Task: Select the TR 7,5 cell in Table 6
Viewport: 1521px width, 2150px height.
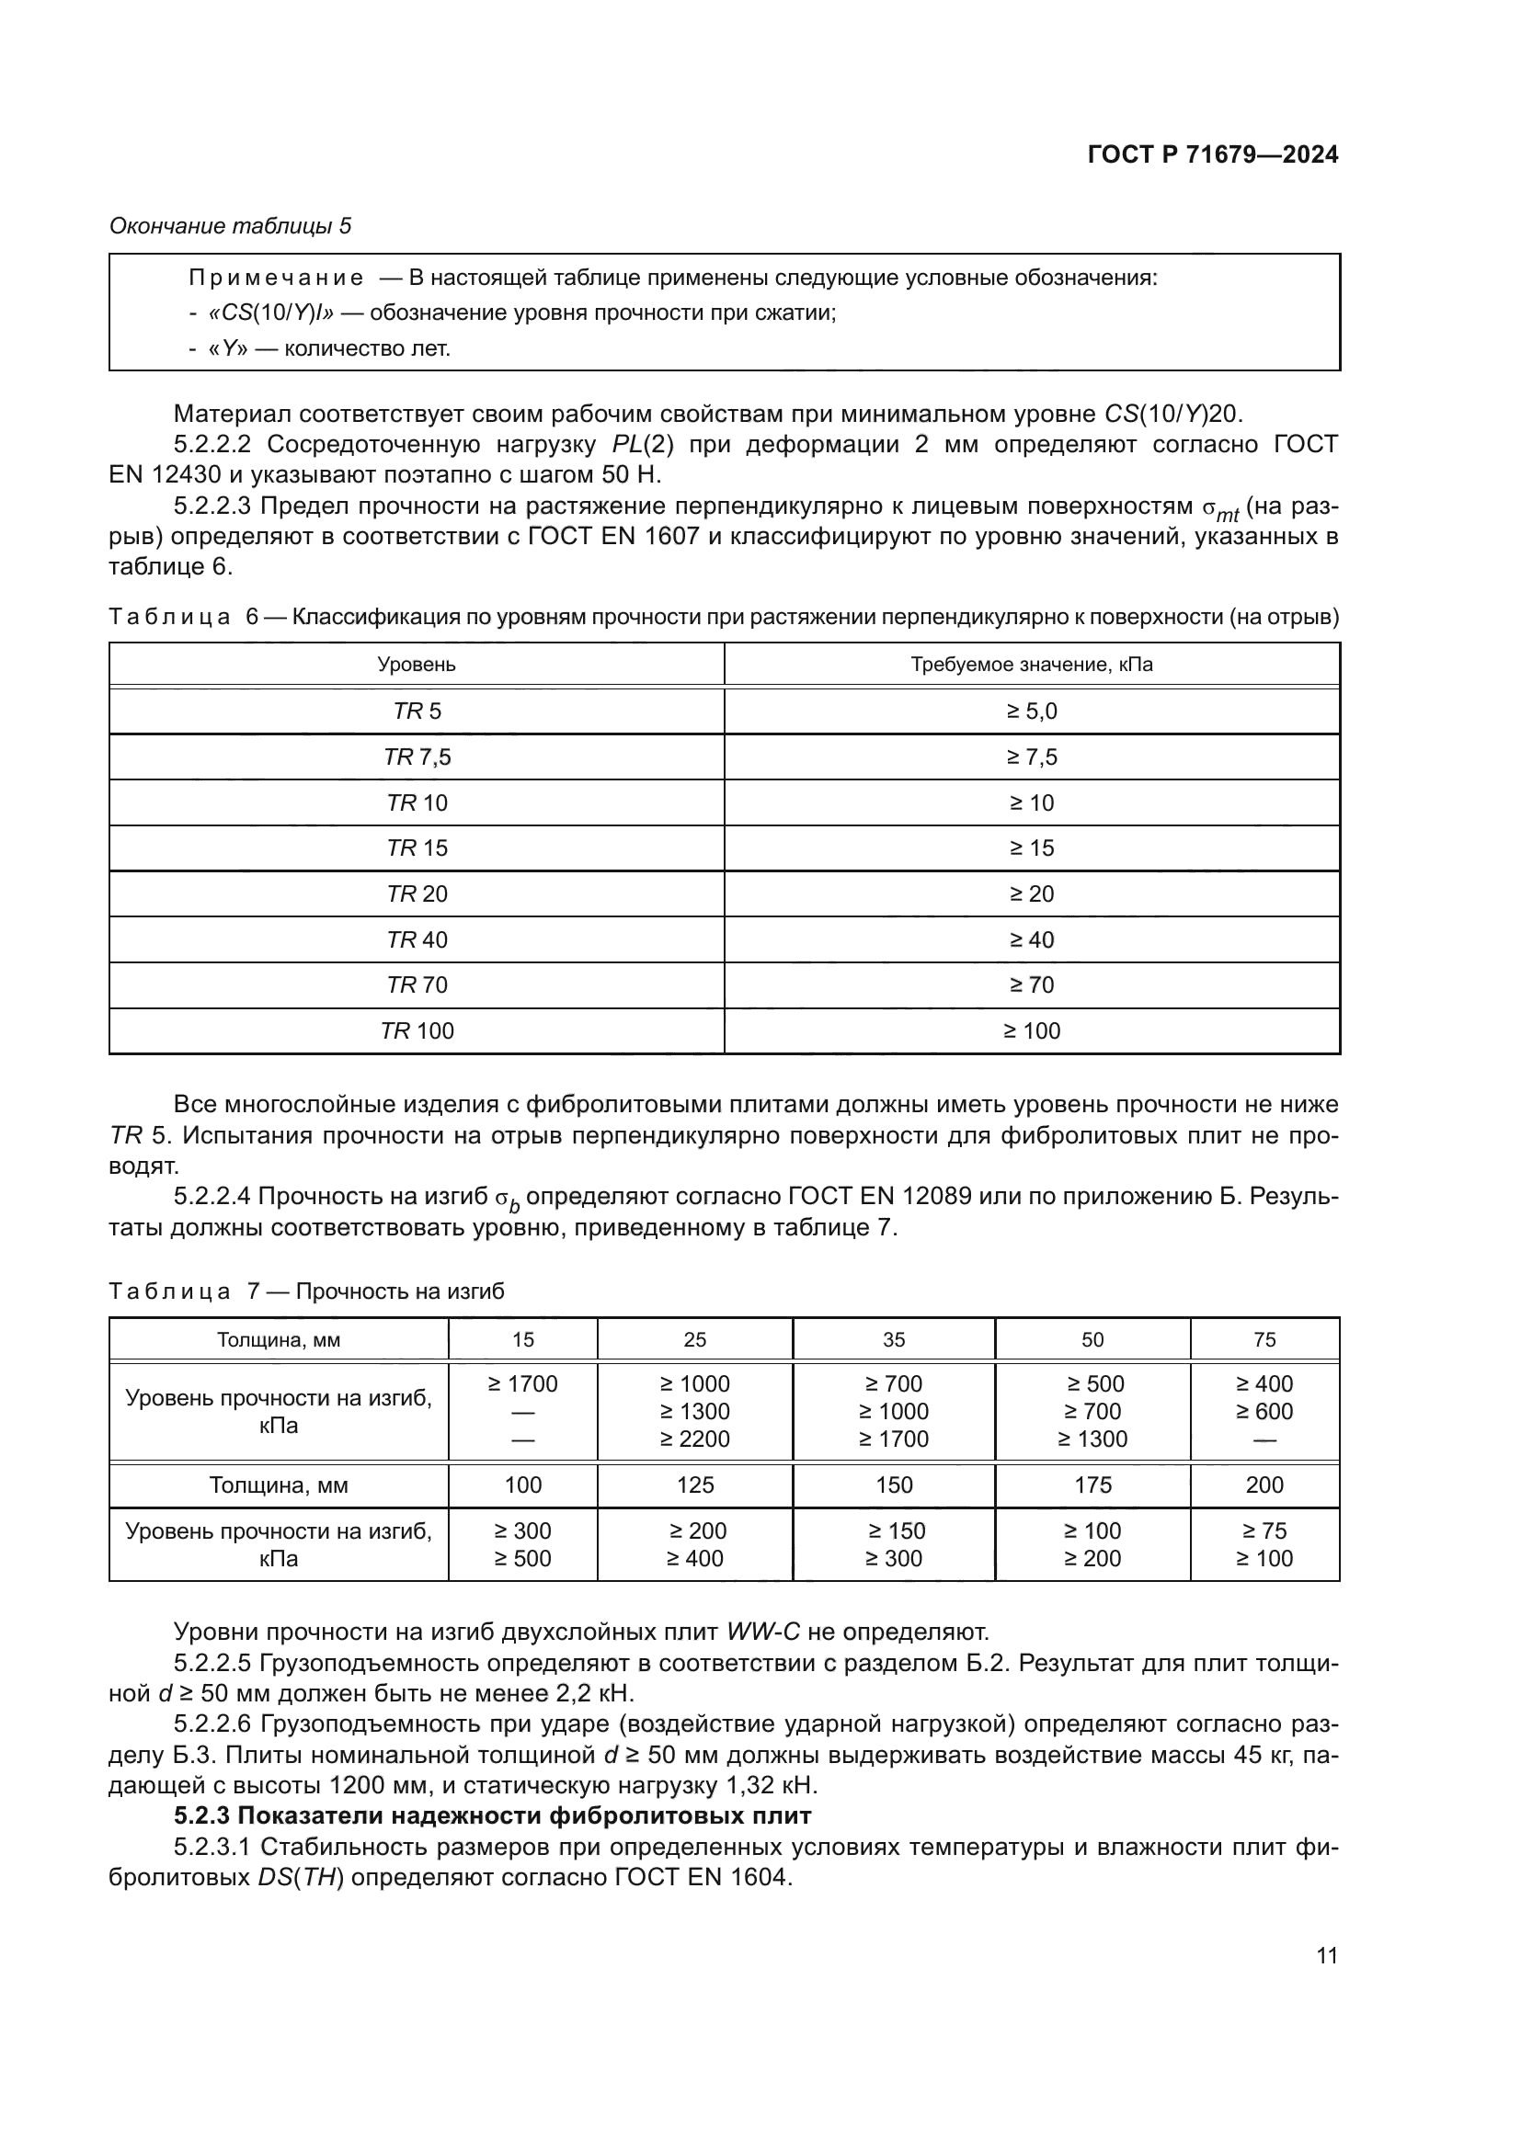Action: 417,756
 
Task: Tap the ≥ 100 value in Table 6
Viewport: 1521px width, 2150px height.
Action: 1032,1031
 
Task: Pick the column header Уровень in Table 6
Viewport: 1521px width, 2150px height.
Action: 417,665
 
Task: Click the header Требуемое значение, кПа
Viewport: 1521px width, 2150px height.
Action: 1032,665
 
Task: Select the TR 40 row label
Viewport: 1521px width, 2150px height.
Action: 417,939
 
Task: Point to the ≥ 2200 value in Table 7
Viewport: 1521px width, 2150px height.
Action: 694,1439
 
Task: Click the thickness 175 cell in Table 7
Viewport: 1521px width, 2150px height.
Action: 1092,1485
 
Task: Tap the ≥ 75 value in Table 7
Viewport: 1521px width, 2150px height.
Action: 1264,1531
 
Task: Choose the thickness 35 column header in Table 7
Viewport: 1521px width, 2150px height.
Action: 894,1339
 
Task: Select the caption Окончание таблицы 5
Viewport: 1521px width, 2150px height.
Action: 231,226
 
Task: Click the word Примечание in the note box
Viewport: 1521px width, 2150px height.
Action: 276,279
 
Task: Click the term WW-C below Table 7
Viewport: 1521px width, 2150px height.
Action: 763,1632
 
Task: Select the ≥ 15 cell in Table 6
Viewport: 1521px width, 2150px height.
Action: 1032,848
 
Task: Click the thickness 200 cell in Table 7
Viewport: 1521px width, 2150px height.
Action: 1264,1485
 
